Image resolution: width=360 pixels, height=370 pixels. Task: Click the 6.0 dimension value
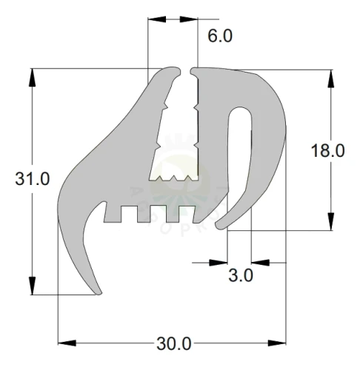click(x=220, y=36)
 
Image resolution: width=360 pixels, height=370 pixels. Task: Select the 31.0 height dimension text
click(x=33, y=178)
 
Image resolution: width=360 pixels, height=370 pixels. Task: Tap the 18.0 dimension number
click(x=327, y=151)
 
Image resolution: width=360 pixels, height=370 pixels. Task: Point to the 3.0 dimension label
click(x=241, y=275)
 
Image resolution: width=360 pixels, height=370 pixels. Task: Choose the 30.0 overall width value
click(x=174, y=344)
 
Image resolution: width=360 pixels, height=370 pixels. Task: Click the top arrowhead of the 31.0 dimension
click(x=32, y=78)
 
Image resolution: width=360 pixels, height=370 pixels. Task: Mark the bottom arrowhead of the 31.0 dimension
click(x=32, y=286)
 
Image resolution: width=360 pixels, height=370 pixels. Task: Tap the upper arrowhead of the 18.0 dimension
click(x=330, y=78)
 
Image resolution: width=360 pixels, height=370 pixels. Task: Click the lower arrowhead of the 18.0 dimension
click(x=330, y=221)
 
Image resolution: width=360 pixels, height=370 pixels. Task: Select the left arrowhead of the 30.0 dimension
click(x=67, y=343)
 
